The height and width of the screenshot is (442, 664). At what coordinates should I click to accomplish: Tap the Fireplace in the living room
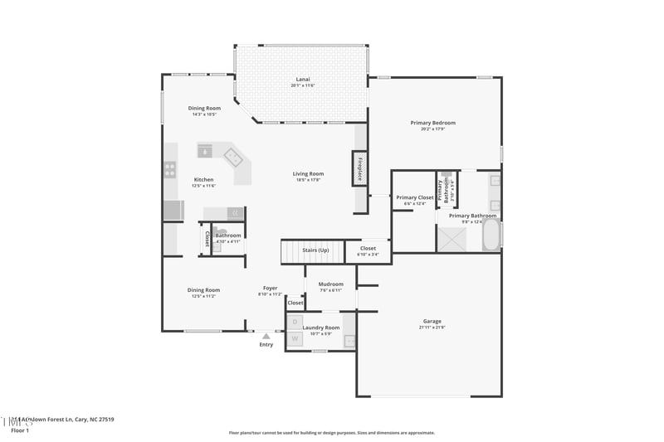point(360,168)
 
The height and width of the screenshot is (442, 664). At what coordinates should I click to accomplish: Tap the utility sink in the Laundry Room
point(349,340)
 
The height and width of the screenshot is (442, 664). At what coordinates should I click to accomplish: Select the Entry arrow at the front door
point(266,336)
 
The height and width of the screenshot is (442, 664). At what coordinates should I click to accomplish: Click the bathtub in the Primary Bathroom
point(491,234)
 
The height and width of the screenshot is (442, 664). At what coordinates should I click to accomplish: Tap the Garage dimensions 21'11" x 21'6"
point(432,328)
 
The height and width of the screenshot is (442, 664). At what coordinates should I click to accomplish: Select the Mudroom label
point(330,284)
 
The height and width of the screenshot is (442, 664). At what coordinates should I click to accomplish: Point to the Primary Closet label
point(414,197)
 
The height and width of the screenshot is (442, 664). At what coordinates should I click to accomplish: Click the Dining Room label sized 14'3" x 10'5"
point(204,108)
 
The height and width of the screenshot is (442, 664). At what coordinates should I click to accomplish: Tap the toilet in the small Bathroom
point(222,233)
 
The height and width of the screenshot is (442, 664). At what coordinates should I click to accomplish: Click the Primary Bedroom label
point(432,123)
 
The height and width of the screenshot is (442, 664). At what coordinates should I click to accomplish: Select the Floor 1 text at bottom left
point(20,430)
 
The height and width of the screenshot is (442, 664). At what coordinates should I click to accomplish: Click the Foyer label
point(271,288)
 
